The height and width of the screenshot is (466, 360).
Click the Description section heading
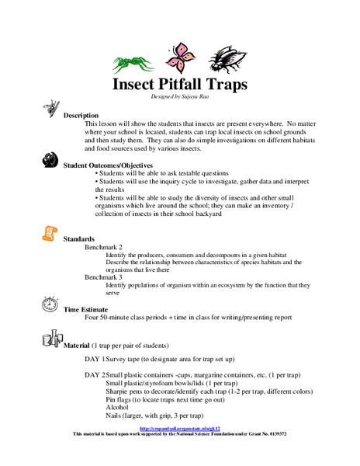[81, 115]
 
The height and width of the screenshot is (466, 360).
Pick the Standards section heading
[78, 238]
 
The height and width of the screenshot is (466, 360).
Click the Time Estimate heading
[88, 308]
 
